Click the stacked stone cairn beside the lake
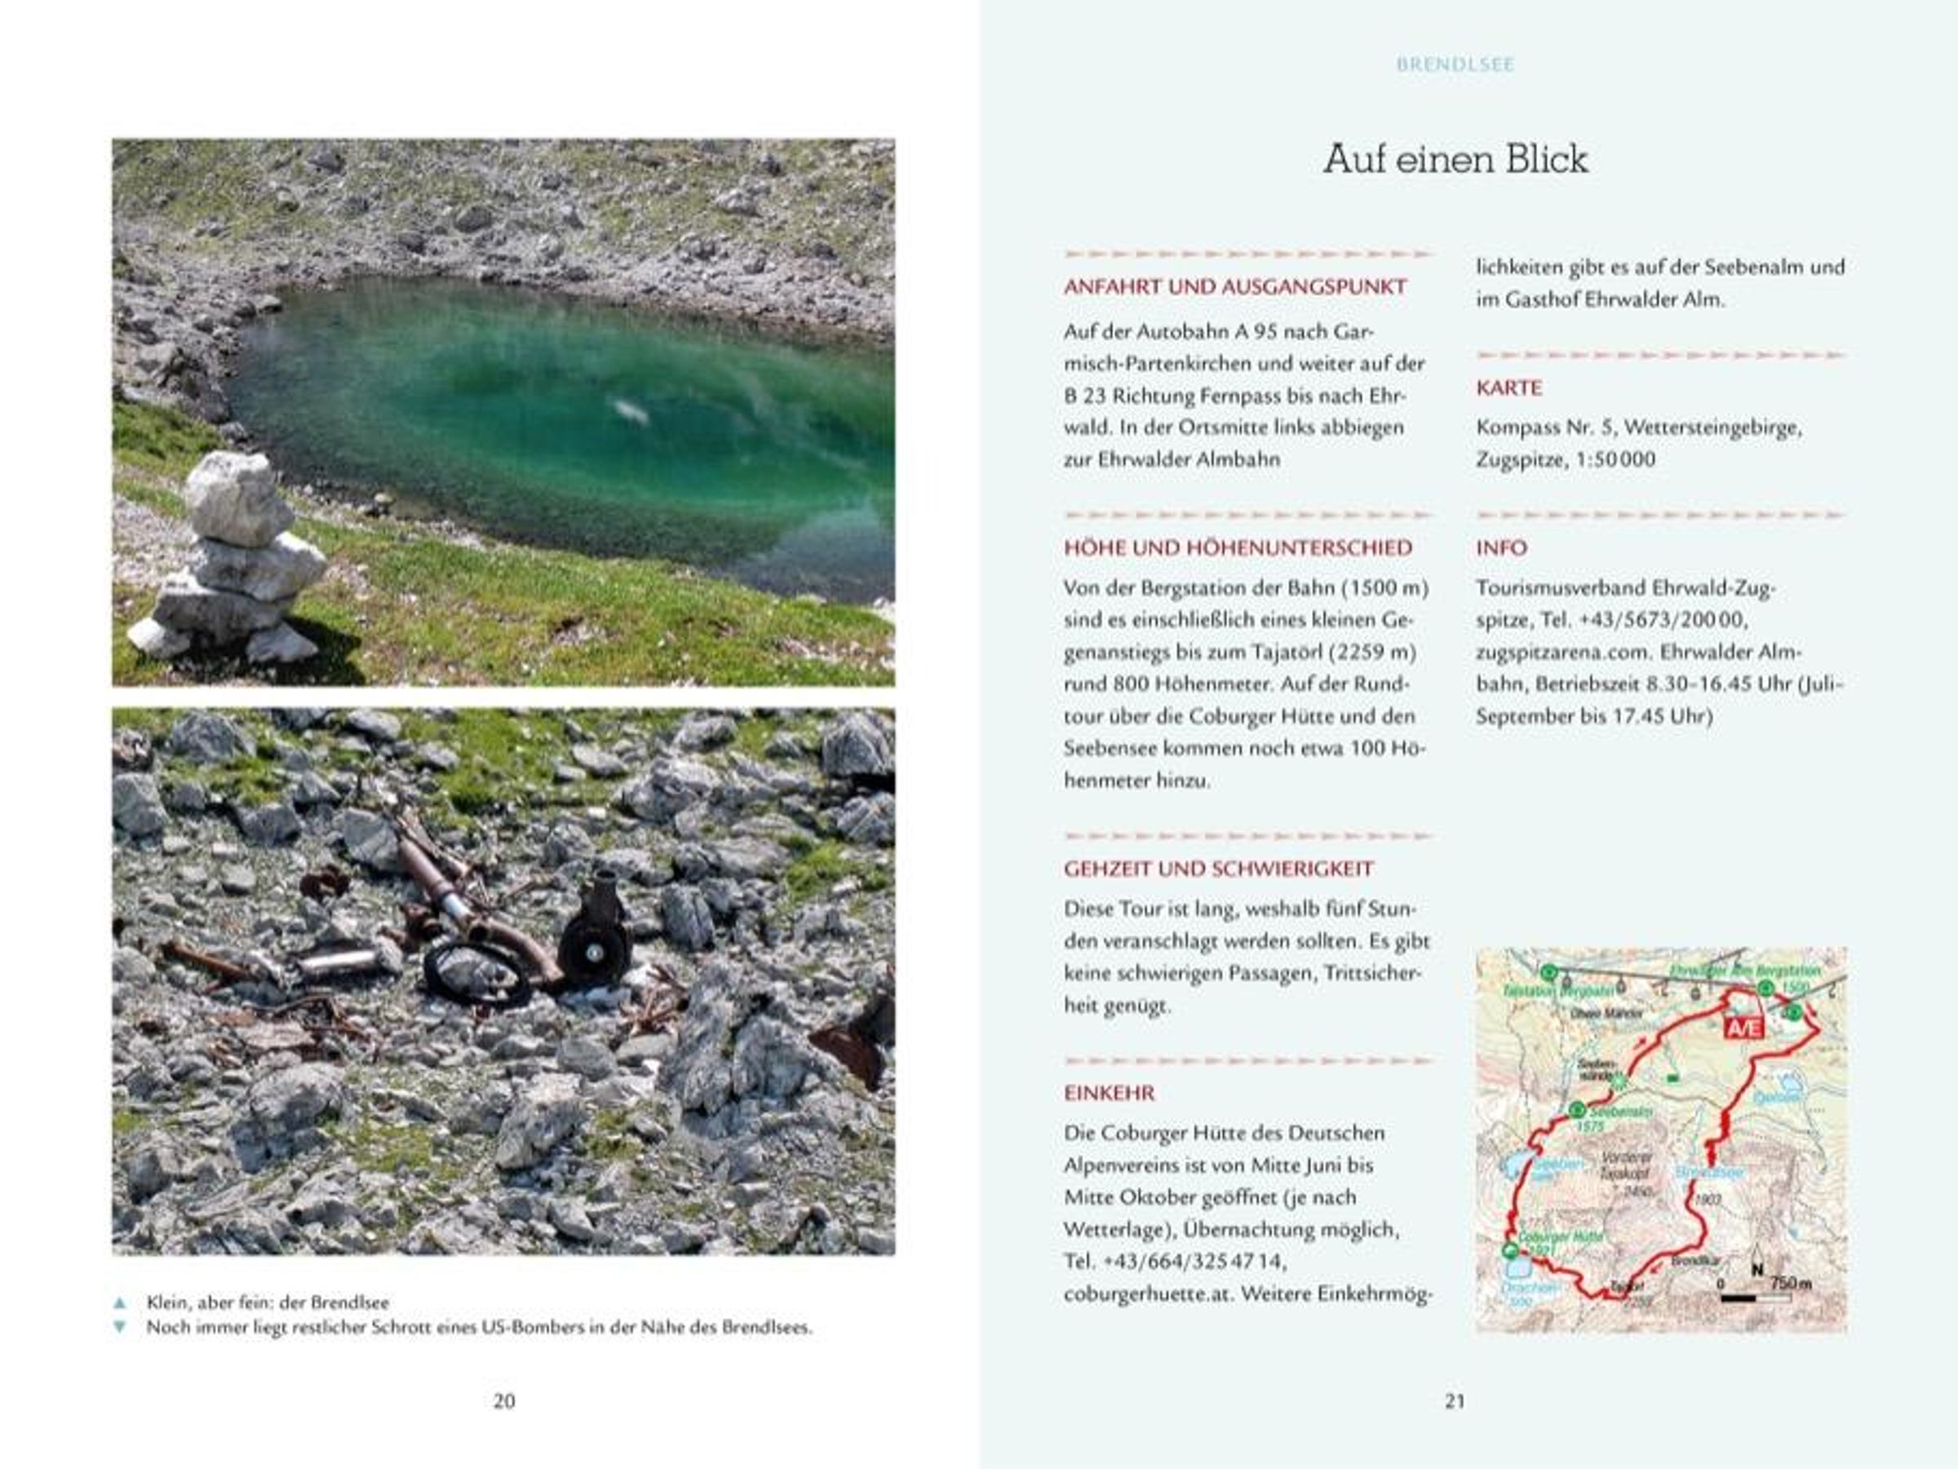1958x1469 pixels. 233,558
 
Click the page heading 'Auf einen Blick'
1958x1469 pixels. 1455,160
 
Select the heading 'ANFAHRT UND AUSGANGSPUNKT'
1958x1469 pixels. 1235,288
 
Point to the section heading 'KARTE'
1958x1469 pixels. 1509,388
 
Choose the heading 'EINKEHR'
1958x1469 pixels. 1109,1093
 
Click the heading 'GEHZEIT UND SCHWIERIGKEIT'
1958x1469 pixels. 1218,869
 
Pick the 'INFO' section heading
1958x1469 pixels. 1501,549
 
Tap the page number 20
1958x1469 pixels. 503,1400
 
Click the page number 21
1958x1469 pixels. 1455,1400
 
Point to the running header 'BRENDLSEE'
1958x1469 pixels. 1455,64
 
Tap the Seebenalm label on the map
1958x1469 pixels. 1621,1112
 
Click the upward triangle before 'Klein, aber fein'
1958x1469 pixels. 121,1303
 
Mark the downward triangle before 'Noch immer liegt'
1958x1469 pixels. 121,1327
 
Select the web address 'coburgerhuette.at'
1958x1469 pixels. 1149,1294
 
